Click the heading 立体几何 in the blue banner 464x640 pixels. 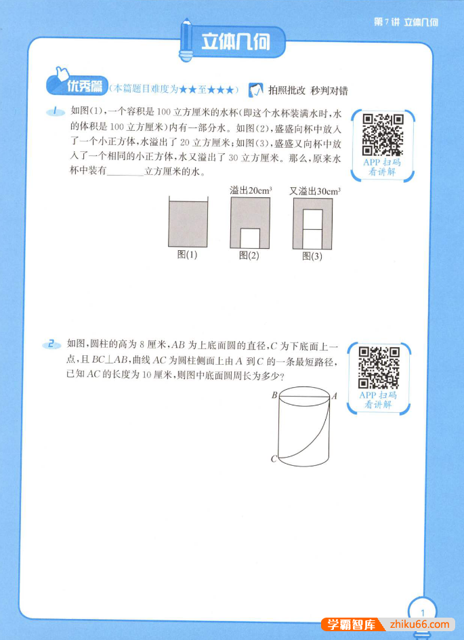pyautogui.click(x=236, y=43)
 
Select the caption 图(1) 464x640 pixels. pyautogui.click(x=187, y=256)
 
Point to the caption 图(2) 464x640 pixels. pyautogui.click(x=249, y=256)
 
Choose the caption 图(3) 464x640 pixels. pyautogui.click(x=312, y=256)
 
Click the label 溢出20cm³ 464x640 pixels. pyautogui.click(x=251, y=191)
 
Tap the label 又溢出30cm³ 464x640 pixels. pyautogui.click(x=315, y=191)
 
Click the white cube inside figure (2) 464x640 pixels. pyautogui.click(x=250, y=238)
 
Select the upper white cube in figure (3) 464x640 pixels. pyautogui.click(x=312, y=220)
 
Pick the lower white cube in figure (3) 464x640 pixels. pyautogui.click(x=312, y=239)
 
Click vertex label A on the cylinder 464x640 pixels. pyautogui.click(x=335, y=395)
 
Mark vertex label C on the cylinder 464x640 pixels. pyautogui.click(x=274, y=459)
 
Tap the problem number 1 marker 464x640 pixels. pyautogui.click(x=52, y=111)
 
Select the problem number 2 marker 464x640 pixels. pyautogui.click(x=50, y=344)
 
